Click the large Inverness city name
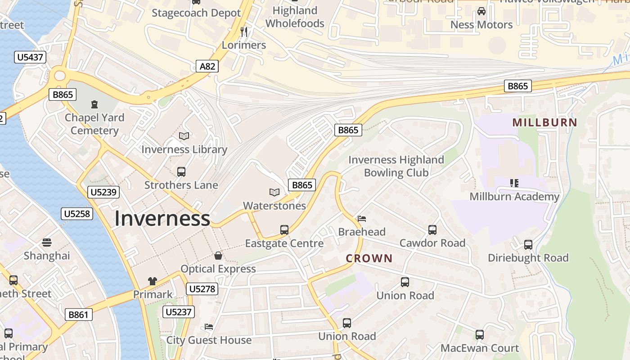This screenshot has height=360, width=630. (162, 219)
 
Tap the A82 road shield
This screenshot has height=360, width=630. (207, 67)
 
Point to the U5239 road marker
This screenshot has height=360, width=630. (103, 193)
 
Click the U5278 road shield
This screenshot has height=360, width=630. (202, 289)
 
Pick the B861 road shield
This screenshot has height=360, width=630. (78, 315)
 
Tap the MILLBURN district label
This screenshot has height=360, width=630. (544, 122)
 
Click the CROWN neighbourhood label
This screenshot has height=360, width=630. (369, 258)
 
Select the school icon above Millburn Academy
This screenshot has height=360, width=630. (514, 183)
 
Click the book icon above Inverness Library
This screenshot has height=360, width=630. (184, 136)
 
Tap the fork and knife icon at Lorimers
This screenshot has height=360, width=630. (244, 31)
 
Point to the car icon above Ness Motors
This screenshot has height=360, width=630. (481, 11)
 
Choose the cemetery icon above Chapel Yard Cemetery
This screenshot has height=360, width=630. (94, 104)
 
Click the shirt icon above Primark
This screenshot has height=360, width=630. (153, 281)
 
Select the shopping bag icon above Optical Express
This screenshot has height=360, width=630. (218, 256)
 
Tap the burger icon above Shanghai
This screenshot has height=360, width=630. (47, 243)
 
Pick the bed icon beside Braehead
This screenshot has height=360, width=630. (362, 219)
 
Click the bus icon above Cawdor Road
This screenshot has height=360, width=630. (432, 230)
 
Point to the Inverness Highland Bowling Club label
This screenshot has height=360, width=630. (396, 166)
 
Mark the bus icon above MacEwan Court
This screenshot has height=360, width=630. (480, 335)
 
